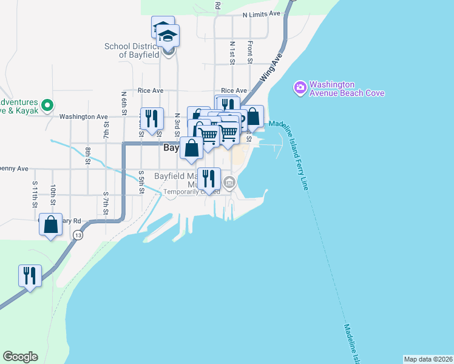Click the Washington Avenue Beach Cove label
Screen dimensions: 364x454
pyautogui.click(x=347, y=89)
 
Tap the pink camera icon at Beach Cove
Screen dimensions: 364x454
pyautogui.click(x=300, y=89)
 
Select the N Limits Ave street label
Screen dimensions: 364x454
pyautogui.click(x=261, y=13)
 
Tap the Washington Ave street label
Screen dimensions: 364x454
pyautogui.click(x=84, y=116)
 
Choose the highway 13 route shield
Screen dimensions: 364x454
pyautogui.click(x=78, y=235)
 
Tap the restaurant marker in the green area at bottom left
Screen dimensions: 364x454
pyautogui.click(x=30, y=275)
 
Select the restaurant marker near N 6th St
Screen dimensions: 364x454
pyautogui.click(x=151, y=118)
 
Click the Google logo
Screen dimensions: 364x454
pyautogui.click(x=20, y=357)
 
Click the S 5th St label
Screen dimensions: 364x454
pyautogui.click(x=141, y=181)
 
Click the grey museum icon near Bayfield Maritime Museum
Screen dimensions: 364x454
pyautogui.click(x=229, y=181)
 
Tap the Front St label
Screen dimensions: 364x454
pyautogui.click(x=249, y=52)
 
